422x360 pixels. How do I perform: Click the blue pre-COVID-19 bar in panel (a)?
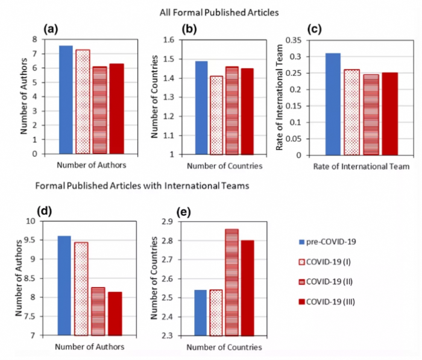[66, 99]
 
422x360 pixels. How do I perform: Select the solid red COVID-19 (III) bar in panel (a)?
[116, 109]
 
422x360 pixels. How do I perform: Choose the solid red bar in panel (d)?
[115, 313]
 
